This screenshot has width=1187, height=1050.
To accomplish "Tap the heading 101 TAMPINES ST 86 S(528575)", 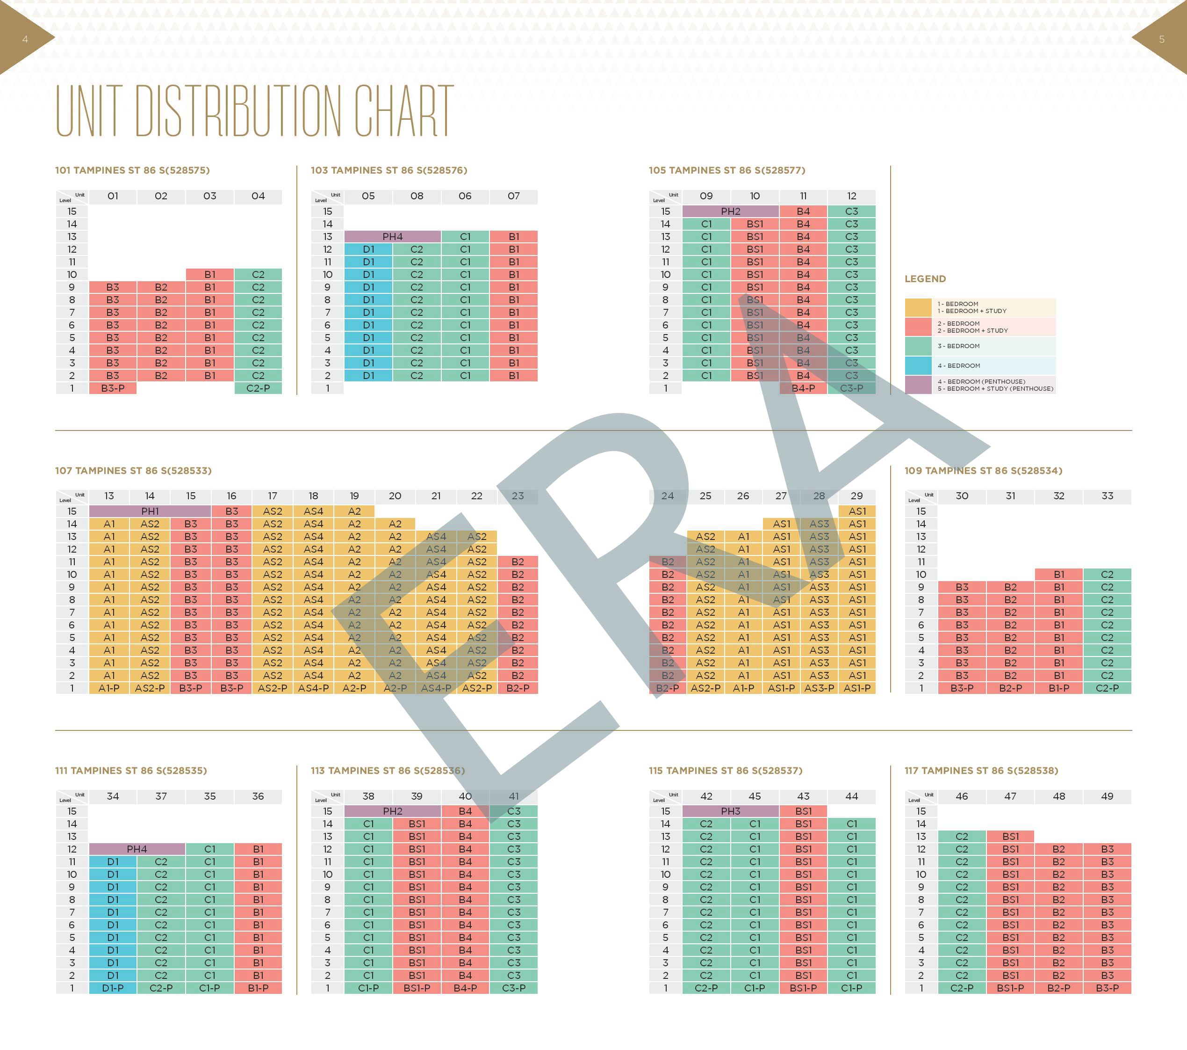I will coord(132,170).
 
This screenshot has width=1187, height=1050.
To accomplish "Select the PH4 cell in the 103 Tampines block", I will coord(393,236).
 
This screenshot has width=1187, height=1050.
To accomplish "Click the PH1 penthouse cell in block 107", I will coord(150,511).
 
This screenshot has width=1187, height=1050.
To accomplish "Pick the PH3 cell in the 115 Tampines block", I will coord(731,811).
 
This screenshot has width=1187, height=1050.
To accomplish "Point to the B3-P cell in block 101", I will coord(113,388).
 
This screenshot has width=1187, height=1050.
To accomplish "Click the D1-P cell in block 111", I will coord(113,988).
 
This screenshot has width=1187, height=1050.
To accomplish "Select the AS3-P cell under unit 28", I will coord(819,688).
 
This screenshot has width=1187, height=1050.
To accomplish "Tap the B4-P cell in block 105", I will coord(803,388).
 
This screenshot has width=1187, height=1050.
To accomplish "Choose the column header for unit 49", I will coord(1108,796).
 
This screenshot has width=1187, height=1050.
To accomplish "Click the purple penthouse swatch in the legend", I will coord(918,385).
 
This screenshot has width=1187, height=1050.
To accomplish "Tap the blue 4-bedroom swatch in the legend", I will coord(918,365).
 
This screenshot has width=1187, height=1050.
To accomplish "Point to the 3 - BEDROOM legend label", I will coord(958,346).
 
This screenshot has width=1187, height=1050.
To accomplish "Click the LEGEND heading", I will coord(925,279).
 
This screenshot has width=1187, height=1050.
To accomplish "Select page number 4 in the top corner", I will coord(25,39).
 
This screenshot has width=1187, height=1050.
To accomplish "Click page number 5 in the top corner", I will coord(1161,39).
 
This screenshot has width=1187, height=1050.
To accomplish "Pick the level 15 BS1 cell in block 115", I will coord(803,811).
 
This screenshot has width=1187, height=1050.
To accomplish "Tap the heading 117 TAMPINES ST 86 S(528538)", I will coord(981,771).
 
